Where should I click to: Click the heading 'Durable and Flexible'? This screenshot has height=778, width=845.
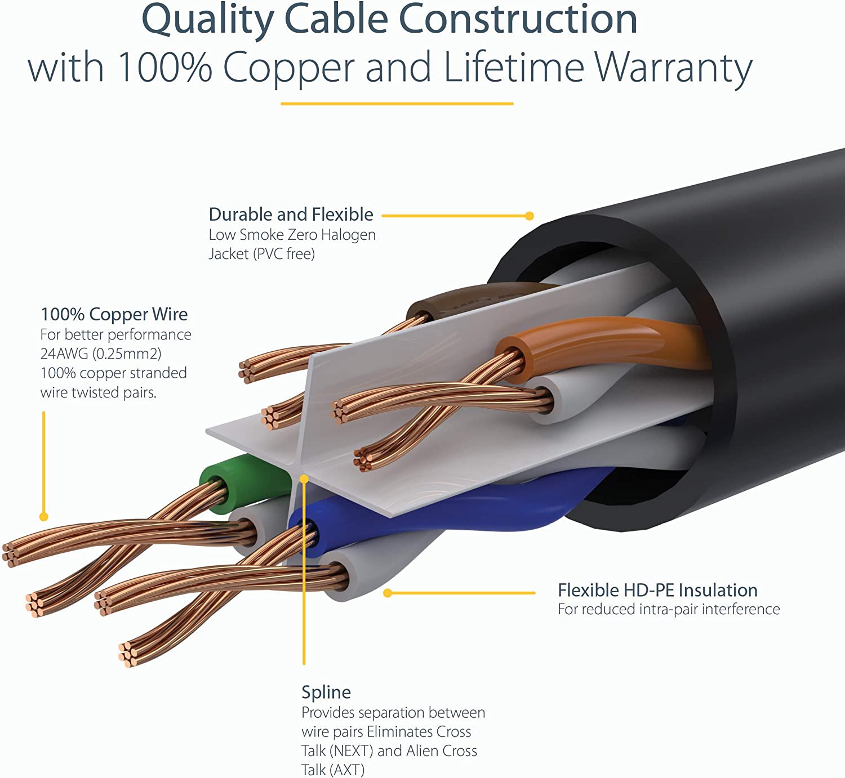point(291,214)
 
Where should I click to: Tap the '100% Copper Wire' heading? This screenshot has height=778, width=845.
point(114,314)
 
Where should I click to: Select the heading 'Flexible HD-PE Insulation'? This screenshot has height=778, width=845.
point(657,590)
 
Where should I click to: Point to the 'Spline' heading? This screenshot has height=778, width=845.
point(326,692)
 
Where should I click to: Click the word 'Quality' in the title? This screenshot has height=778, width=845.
point(207,20)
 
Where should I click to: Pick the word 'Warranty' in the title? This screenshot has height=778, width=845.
point(674,68)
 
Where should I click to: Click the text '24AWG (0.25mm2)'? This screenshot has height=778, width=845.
point(101,354)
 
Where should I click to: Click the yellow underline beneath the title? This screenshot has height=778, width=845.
point(397,104)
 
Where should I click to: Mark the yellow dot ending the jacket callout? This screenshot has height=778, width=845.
point(529,216)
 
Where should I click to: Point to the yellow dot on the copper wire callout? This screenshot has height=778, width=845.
point(44,517)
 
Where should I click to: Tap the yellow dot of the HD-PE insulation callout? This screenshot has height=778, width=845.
point(388,593)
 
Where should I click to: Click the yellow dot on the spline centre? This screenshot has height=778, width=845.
point(304,479)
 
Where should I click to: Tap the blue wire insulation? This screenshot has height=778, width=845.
point(451,515)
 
